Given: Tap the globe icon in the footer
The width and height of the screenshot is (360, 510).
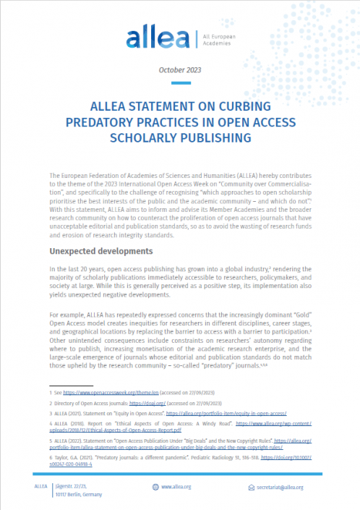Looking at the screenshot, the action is [x=155, y=488].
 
